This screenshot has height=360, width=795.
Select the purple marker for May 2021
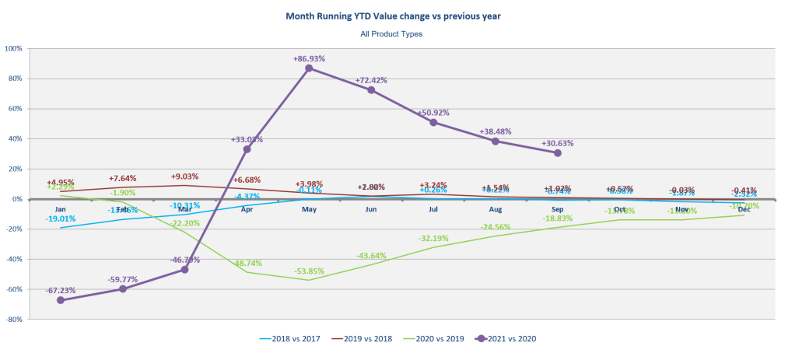[309, 68]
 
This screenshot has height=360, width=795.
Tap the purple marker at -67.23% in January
[60, 300]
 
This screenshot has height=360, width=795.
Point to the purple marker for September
[558, 153]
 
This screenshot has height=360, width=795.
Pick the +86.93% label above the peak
[310, 58]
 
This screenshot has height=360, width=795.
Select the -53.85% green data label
[310, 271]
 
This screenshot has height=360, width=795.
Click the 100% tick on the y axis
[14, 48]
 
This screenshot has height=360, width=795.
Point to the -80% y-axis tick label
[14, 319]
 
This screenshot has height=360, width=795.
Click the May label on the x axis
[309, 209]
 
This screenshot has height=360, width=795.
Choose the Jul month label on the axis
[433, 209]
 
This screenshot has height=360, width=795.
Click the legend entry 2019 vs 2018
[366, 338]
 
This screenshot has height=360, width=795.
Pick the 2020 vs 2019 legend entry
[441, 338]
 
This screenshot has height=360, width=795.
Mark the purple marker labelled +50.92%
[433, 122]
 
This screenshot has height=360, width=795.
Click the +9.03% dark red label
[185, 177]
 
